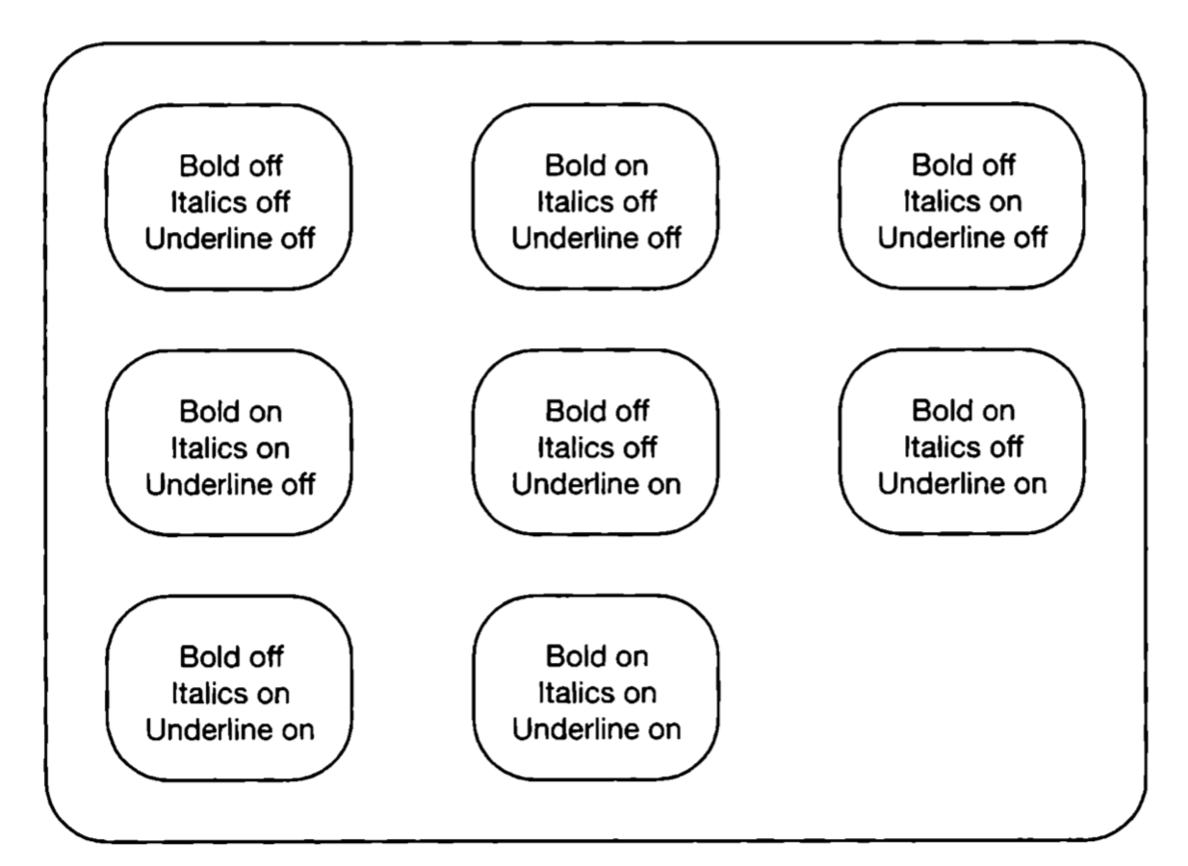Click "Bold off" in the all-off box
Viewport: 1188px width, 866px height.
click(230, 166)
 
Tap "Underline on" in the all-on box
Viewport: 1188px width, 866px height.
click(596, 729)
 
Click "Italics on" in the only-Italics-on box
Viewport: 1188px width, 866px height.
click(962, 202)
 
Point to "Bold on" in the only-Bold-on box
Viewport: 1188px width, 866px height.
click(596, 166)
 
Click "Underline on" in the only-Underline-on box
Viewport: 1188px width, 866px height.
click(596, 484)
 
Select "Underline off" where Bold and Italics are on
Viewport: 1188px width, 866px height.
click(230, 484)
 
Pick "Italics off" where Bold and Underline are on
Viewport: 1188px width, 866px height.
click(962, 447)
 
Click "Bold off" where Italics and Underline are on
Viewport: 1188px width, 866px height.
click(230, 657)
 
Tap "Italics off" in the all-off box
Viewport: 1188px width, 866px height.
click(230, 202)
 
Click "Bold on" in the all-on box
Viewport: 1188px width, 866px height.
click(596, 657)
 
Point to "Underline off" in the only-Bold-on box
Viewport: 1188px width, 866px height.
click(596, 239)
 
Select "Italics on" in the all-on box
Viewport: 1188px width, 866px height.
click(596, 693)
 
